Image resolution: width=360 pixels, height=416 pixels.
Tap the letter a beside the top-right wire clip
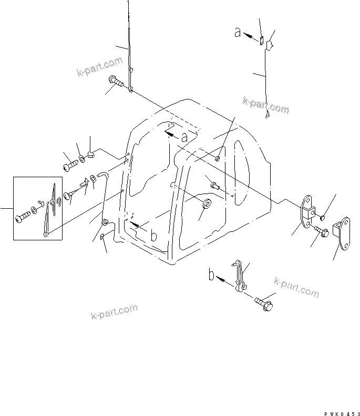click(x=238, y=33)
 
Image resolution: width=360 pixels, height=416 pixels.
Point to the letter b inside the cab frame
click(x=153, y=236)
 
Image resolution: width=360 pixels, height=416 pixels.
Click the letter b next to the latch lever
click(x=211, y=275)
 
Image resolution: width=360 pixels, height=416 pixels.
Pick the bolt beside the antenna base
click(x=116, y=81)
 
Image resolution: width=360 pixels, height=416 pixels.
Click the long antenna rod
click(x=129, y=42)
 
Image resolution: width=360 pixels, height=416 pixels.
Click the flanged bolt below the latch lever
click(x=263, y=303)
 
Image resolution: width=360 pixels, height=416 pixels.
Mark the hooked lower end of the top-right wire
click(x=268, y=115)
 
